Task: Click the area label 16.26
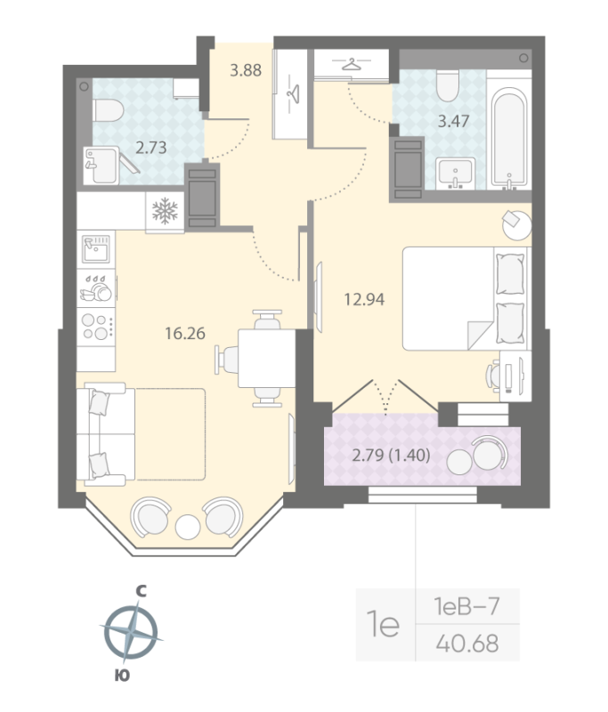click(185, 334)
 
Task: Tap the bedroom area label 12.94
click(364, 299)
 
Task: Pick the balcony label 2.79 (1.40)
click(392, 457)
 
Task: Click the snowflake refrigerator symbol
click(165, 211)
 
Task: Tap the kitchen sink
click(96, 250)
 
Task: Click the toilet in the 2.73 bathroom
click(108, 111)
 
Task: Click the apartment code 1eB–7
click(466, 608)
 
